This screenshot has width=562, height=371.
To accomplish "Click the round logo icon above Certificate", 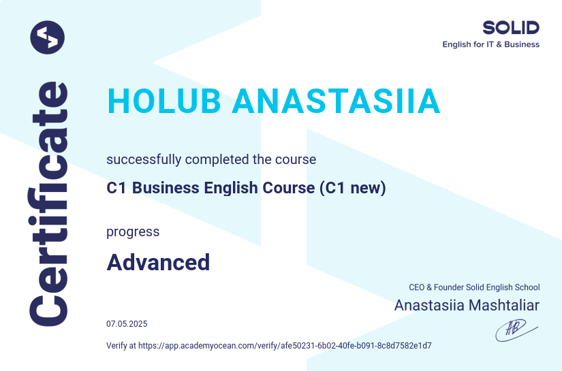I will [48, 37].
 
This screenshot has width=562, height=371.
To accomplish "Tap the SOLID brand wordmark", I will [510, 28].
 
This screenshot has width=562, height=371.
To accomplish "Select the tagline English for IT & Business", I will [490, 45].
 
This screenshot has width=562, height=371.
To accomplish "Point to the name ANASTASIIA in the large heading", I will [337, 102].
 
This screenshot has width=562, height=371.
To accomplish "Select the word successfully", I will [144, 160].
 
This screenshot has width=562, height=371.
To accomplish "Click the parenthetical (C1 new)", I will [352, 189].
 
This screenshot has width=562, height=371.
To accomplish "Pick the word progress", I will [133, 232].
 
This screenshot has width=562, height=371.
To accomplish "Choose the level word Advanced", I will [158, 262].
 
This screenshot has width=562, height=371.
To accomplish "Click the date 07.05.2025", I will [127, 324].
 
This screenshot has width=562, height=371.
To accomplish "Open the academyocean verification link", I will [285, 346].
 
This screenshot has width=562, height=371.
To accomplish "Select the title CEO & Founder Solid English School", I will [474, 288].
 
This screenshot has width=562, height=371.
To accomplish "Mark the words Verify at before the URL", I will [121, 346].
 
